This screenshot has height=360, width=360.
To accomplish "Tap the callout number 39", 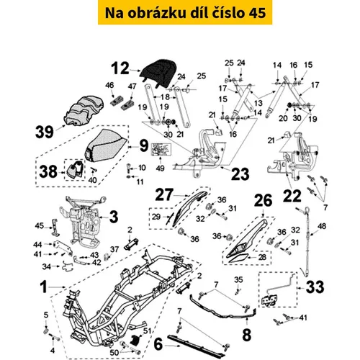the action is [45, 132].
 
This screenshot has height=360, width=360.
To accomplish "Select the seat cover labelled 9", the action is [106, 147].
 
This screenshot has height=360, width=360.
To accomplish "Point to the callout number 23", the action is [240, 174].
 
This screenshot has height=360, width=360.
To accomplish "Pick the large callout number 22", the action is [292, 196].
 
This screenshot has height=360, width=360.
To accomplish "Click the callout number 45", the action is [40, 226].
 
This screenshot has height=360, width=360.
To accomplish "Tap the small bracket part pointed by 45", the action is [55, 228].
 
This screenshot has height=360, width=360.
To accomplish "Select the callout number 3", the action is [114, 217].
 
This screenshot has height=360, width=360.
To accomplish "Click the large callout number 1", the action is [44, 287].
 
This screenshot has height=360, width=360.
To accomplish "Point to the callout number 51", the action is [147, 331].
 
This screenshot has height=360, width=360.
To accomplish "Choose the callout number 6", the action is [158, 344].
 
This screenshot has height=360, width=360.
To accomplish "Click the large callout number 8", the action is [247, 335].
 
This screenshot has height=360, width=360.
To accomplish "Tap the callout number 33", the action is [315, 287].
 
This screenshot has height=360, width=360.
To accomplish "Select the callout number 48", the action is [322, 226].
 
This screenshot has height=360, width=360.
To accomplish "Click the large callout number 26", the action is [264, 200].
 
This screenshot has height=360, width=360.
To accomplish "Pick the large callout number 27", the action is [164, 194].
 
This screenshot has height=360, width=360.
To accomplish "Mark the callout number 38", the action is [48, 171].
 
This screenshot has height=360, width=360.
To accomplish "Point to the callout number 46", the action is [109, 85].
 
